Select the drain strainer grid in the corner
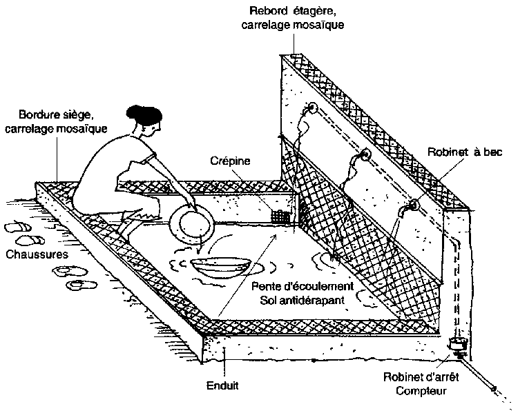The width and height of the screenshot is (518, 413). click(278, 216)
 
